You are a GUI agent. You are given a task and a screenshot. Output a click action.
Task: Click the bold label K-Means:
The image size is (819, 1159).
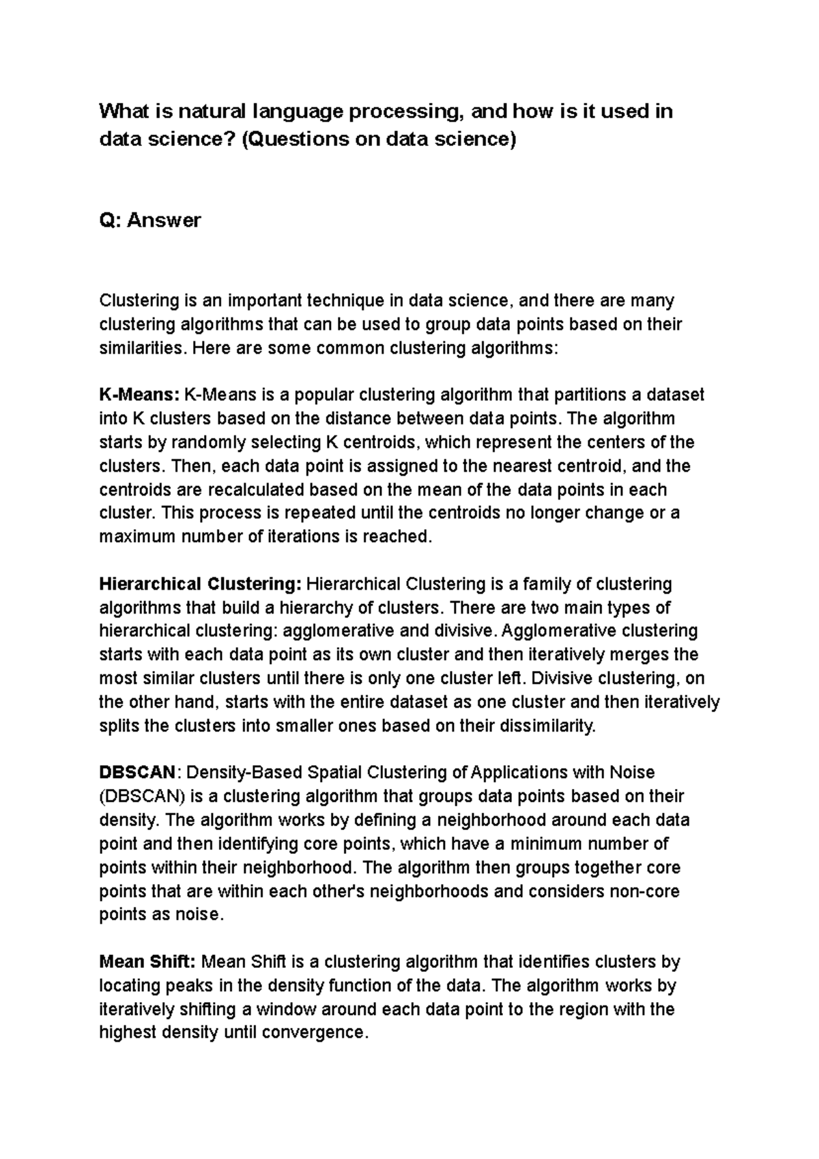click(139, 395)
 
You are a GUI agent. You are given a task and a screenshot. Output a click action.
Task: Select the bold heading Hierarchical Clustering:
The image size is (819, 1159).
click(200, 584)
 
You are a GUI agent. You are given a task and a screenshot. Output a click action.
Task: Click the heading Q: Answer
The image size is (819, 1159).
click(150, 220)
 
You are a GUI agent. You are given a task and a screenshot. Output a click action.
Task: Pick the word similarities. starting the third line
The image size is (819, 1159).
click(143, 347)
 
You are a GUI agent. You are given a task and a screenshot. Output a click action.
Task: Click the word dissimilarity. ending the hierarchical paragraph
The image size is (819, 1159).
click(548, 726)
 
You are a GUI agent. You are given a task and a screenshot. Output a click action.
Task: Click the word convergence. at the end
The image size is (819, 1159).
click(315, 1033)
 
